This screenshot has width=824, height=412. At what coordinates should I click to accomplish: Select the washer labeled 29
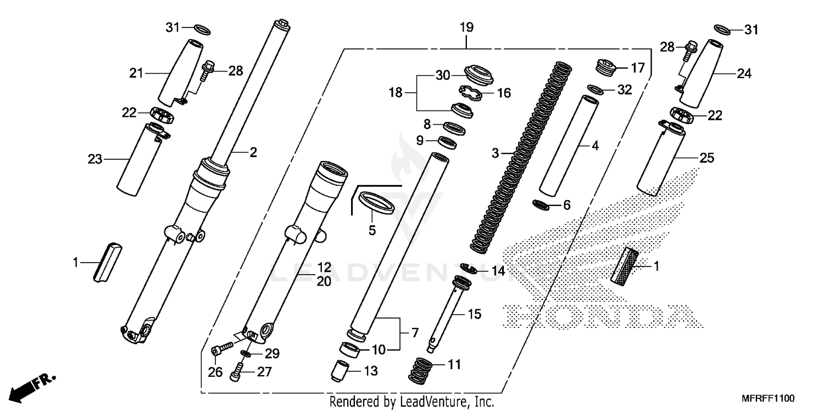click(x=244, y=353)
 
